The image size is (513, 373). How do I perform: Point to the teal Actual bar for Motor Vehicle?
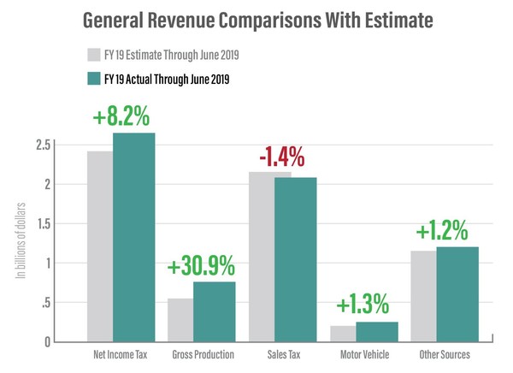(377, 332)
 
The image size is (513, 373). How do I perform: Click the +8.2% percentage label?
(121, 113)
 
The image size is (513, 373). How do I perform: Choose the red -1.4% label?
(283, 157)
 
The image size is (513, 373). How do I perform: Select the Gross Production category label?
(203, 354)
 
